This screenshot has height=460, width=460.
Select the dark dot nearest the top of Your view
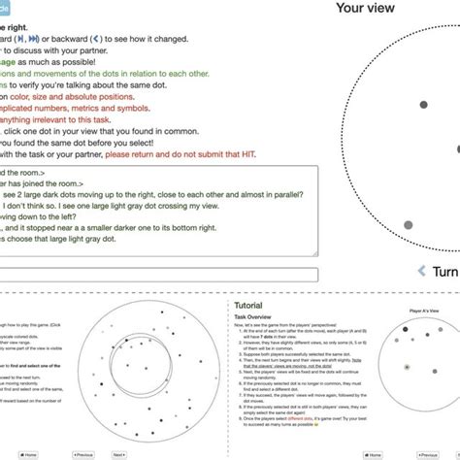coord(422,104)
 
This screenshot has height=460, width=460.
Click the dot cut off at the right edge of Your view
coord(457,149)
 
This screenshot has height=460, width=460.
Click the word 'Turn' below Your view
coord(445,271)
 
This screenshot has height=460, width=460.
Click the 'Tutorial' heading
coord(237,306)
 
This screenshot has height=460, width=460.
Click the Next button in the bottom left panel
coord(119,453)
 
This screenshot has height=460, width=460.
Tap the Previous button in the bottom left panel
coord(83,453)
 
